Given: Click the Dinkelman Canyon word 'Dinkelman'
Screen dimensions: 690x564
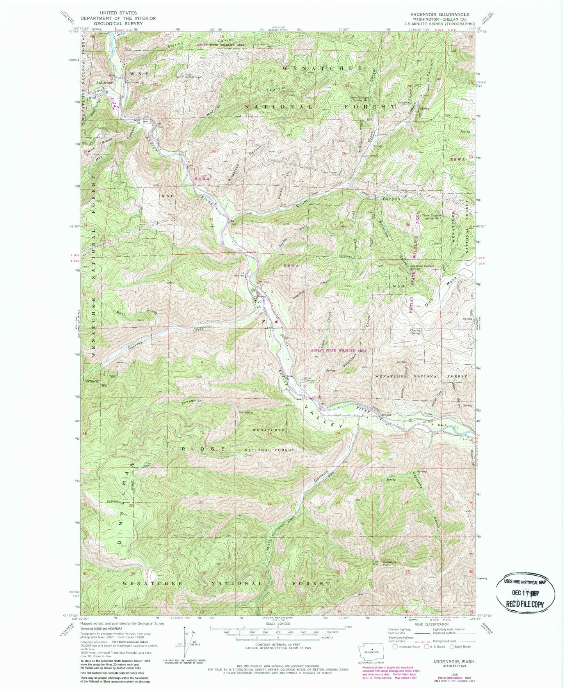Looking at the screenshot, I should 191,401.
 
